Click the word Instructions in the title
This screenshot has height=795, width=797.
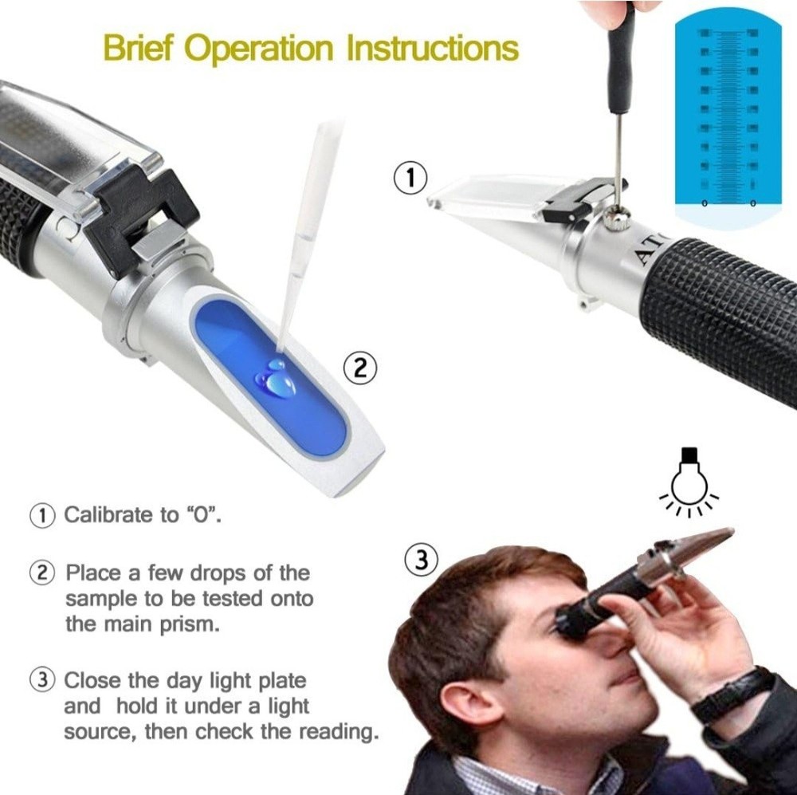click(432, 49)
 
